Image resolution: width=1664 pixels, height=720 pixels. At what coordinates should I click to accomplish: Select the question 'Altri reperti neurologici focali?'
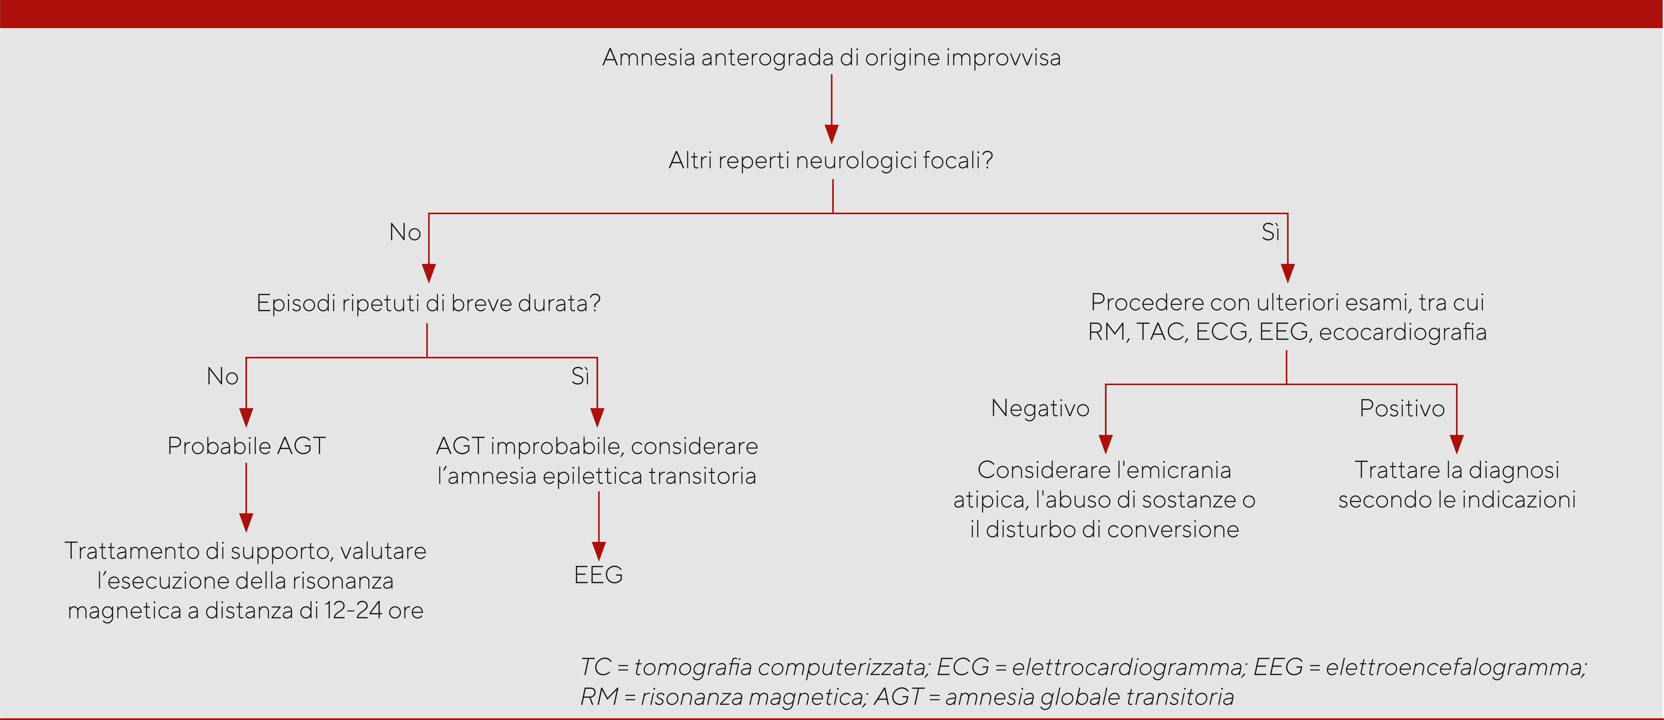tap(831, 160)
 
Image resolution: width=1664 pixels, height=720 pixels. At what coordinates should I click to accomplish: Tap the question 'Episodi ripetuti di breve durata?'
tap(428, 303)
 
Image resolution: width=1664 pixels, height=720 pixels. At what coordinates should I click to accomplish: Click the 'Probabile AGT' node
tap(246, 445)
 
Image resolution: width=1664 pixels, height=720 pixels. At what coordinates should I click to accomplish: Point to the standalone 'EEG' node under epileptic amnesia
tap(598, 575)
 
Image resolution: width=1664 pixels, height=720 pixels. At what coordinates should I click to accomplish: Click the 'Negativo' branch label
tap(1040, 408)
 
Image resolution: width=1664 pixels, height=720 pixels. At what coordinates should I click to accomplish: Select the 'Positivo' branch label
tap(1402, 408)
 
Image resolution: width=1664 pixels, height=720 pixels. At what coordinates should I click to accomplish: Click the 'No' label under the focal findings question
tap(405, 232)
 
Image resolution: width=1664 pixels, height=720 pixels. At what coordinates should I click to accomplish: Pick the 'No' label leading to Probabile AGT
tap(222, 376)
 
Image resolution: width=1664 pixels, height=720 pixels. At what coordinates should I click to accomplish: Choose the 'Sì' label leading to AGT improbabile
tap(580, 376)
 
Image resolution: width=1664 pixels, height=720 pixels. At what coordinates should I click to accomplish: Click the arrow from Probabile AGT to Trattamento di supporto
tap(246, 497)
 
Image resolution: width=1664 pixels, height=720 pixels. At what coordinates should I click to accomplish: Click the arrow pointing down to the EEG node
tap(599, 526)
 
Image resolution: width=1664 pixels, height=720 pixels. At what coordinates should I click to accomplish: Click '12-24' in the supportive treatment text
tap(353, 610)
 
